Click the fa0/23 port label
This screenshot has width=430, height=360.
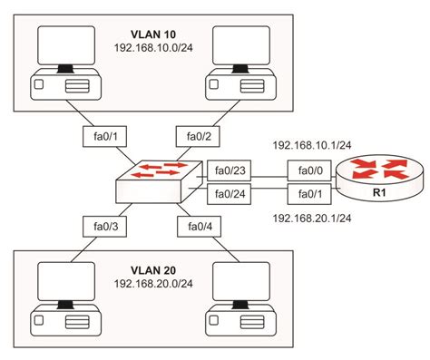pos(225,169)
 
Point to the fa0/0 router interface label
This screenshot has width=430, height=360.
pos(304,169)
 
